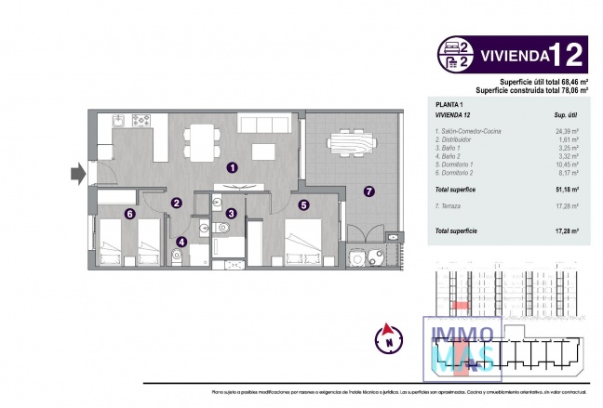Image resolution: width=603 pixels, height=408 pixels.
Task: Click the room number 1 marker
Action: tap(233, 168)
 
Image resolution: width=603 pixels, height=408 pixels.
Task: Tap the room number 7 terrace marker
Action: tap(368, 191)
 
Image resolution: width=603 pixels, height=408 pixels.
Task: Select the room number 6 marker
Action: tap(129, 214)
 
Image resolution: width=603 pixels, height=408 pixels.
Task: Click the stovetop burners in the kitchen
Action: tap(141, 120)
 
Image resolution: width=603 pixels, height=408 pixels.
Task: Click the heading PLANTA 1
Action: tap(449, 103)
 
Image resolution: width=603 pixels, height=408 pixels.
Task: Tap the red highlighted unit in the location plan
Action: tap(459, 306)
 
